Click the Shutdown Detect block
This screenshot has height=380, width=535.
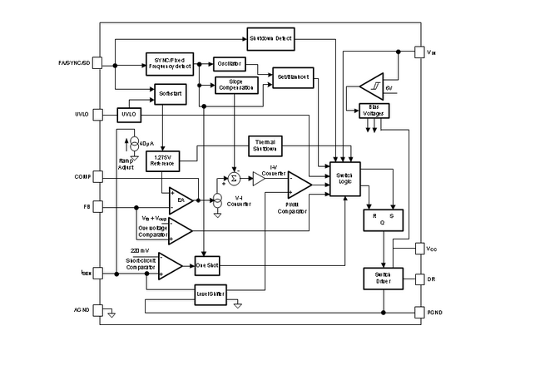click(271, 37)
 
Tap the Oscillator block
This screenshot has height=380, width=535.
click(229, 63)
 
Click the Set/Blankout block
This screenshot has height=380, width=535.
click(291, 78)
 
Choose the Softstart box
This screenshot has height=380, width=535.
click(169, 96)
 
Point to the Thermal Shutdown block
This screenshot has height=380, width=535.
click(265, 146)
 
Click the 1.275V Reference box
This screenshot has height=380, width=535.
click(161, 160)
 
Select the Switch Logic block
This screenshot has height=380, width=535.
click(345, 179)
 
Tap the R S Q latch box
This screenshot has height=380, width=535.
click(381, 220)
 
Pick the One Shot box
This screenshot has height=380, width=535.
click(206, 266)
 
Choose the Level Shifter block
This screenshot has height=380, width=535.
click(211, 294)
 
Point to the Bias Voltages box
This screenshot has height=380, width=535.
click(372, 111)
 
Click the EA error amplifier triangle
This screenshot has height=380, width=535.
click(180, 200)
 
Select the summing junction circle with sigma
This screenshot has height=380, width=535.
click(234, 179)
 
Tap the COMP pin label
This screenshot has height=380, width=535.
click(82, 176)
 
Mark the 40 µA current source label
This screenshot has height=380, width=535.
click(146, 142)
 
